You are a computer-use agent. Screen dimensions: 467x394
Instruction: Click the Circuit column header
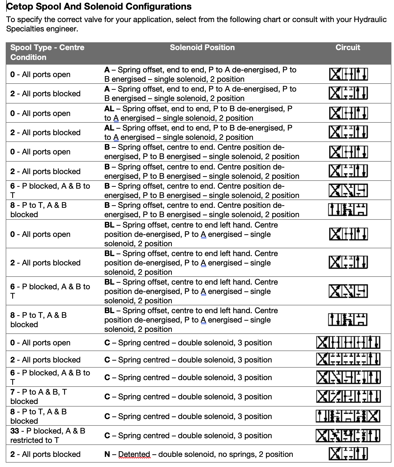click(x=348, y=47)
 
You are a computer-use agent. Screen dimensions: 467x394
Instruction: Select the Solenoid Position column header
click(x=202, y=47)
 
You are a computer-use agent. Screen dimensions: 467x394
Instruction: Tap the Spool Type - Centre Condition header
click(x=47, y=52)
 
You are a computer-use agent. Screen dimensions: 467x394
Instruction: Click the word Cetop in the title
click(x=20, y=6)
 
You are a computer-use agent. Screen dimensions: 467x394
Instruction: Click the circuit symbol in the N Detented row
click(x=348, y=454)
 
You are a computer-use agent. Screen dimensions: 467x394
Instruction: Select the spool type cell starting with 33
click(x=48, y=435)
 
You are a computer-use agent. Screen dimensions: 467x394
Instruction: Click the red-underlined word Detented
click(x=134, y=454)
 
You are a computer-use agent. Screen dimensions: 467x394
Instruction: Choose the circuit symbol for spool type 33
click(x=348, y=435)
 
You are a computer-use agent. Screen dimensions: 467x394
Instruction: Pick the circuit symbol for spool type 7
click(x=348, y=396)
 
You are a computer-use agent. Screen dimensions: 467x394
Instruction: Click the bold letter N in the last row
click(x=107, y=454)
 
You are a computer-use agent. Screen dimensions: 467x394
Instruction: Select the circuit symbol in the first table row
click(x=348, y=74)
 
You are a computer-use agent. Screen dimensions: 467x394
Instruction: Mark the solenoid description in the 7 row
click(x=188, y=397)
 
